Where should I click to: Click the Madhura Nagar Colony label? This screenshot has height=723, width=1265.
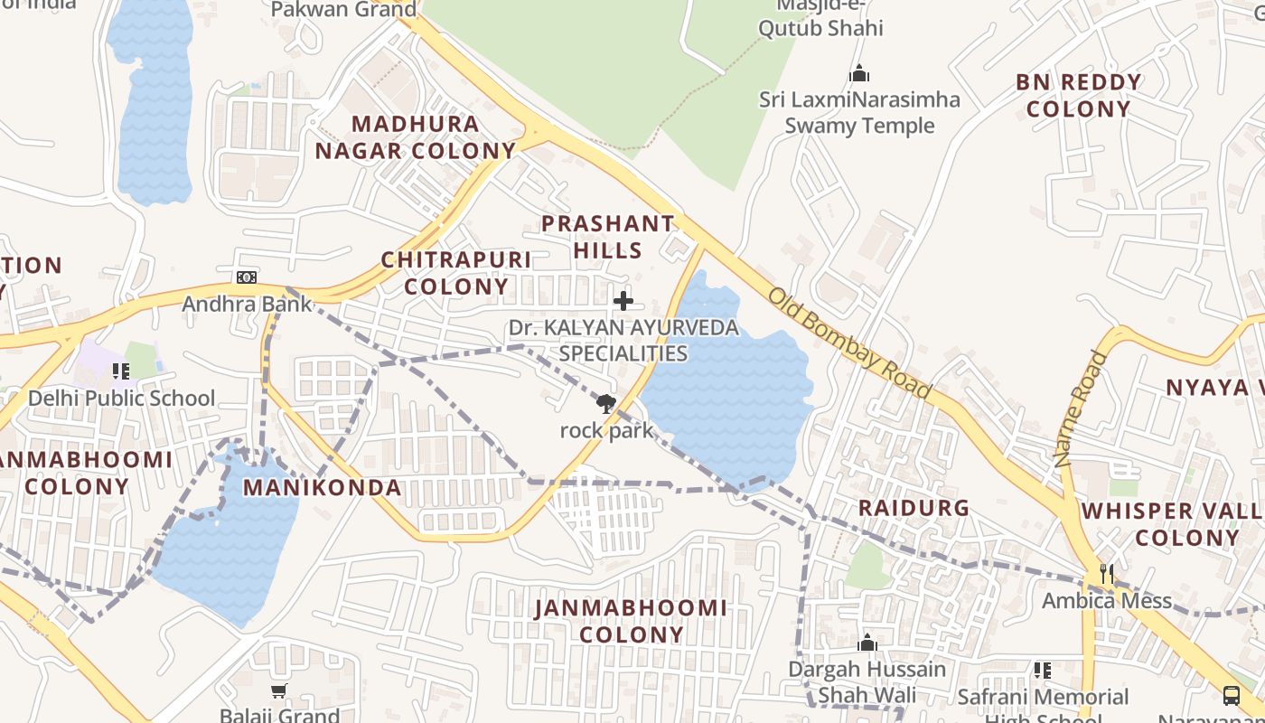tap(415, 137)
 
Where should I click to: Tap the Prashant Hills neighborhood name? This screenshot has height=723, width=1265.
tap(608, 237)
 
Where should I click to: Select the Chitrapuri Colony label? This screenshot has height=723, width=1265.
tap(456, 273)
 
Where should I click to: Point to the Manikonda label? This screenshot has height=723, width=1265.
tap(323, 488)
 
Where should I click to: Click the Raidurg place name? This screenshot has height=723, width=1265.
tap(914, 508)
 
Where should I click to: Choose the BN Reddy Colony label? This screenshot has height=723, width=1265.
tap(1079, 96)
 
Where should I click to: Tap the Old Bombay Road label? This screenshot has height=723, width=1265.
tap(849, 343)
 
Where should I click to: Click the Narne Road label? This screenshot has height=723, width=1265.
tap(1081, 408)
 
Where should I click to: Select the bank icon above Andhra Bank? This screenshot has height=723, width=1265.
tap(247, 277)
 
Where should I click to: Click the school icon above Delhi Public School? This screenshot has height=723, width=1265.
tap(121, 371)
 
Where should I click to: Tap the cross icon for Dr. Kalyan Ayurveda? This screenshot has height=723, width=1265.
tap(623, 301)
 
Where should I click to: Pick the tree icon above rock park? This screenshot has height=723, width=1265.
tap(606, 404)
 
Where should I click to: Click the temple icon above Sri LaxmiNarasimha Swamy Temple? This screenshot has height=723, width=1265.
tap(859, 72)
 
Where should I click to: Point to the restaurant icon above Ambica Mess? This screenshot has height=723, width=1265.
tap(1106, 574)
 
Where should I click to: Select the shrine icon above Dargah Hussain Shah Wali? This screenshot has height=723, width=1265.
tap(867, 643)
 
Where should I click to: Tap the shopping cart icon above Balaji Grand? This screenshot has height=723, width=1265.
tap(279, 691)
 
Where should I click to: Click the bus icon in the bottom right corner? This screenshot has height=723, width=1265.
tap(1232, 695)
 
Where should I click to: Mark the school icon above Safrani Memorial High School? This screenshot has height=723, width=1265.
tap(1043, 671)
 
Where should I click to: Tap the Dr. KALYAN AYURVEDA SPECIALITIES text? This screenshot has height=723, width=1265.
tap(623, 340)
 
